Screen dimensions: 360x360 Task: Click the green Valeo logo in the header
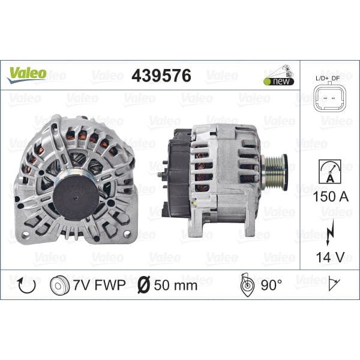pyautogui.click(x=26, y=74)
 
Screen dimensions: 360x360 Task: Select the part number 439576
pyautogui.click(x=161, y=76)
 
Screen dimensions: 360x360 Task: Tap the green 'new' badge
pyautogui.click(x=278, y=81)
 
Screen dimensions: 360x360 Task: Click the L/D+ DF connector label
pyautogui.click(x=327, y=78)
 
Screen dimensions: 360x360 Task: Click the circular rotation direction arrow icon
pyautogui.click(x=27, y=284)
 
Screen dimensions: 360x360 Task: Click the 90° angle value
pyautogui.click(x=271, y=285)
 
